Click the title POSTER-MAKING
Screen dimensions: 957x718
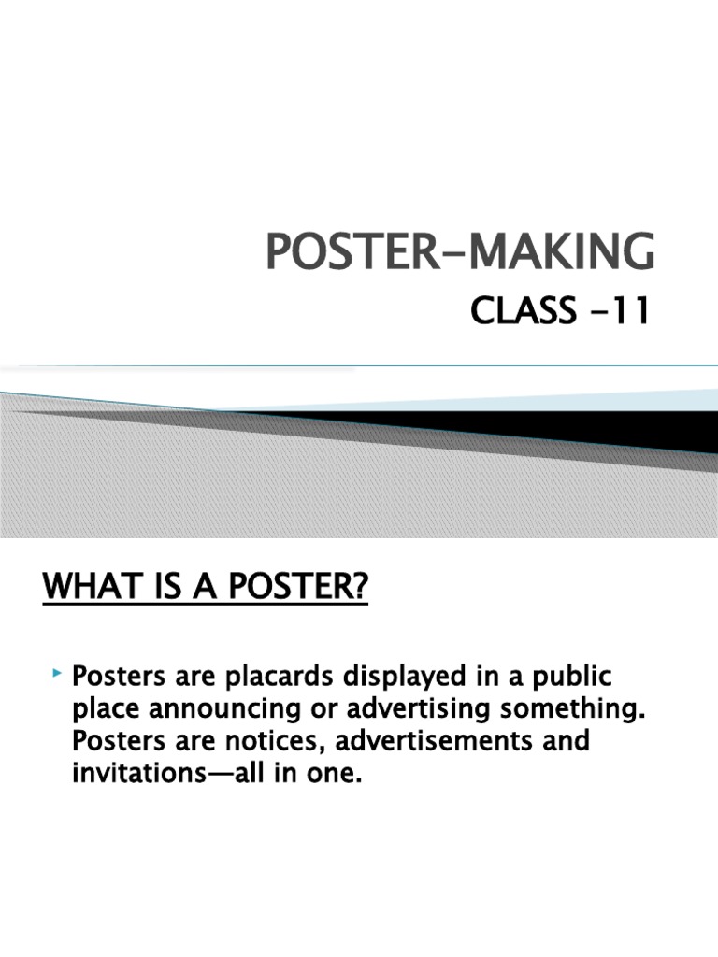(461, 252)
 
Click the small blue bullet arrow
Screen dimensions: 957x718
(58, 673)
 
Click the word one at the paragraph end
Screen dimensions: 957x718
(336, 774)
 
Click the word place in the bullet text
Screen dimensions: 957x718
(101, 708)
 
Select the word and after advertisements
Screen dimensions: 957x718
(565, 741)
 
